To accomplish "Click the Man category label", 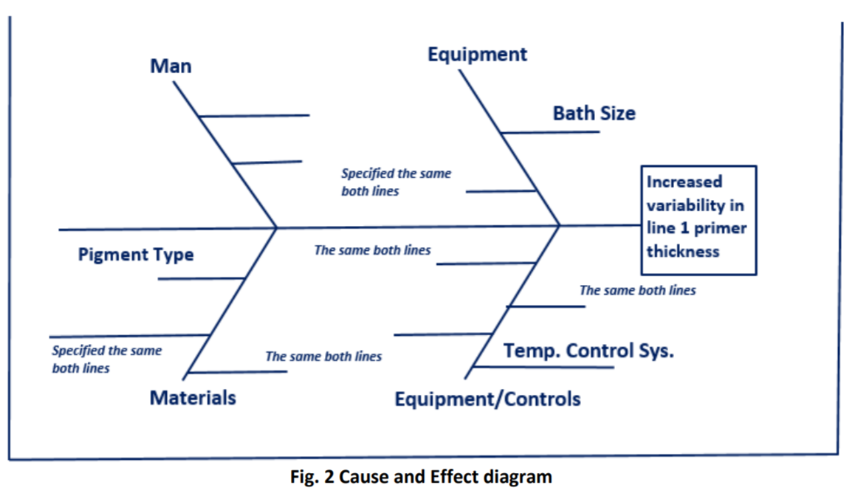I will click(x=171, y=66).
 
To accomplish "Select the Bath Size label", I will click(x=594, y=114).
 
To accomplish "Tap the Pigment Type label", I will click(x=136, y=255).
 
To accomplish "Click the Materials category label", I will click(x=193, y=398).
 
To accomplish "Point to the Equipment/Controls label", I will click(x=487, y=399).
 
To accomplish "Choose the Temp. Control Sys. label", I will click(x=588, y=351).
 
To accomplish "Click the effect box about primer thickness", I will click(x=699, y=219).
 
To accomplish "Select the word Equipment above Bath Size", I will click(x=477, y=55).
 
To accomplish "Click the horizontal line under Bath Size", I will click(x=551, y=132).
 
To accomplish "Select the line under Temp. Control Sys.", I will click(x=543, y=367).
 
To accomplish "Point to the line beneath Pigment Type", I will click(x=201, y=279).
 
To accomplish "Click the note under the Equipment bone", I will click(x=396, y=182).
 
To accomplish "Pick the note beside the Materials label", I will click(x=323, y=356).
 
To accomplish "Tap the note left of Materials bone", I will click(x=106, y=359).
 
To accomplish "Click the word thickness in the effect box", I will click(x=683, y=251).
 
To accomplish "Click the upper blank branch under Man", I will click(x=254, y=116).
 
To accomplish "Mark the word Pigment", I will click(x=111, y=255).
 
